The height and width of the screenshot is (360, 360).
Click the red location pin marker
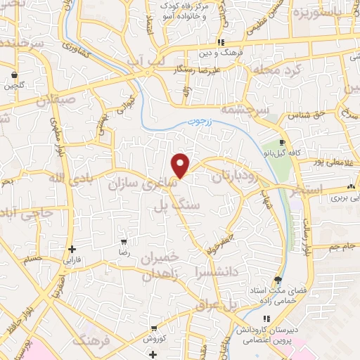(181, 165)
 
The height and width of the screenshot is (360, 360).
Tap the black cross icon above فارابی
(72, 249)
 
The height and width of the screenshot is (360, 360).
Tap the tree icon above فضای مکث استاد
(279, 279)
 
